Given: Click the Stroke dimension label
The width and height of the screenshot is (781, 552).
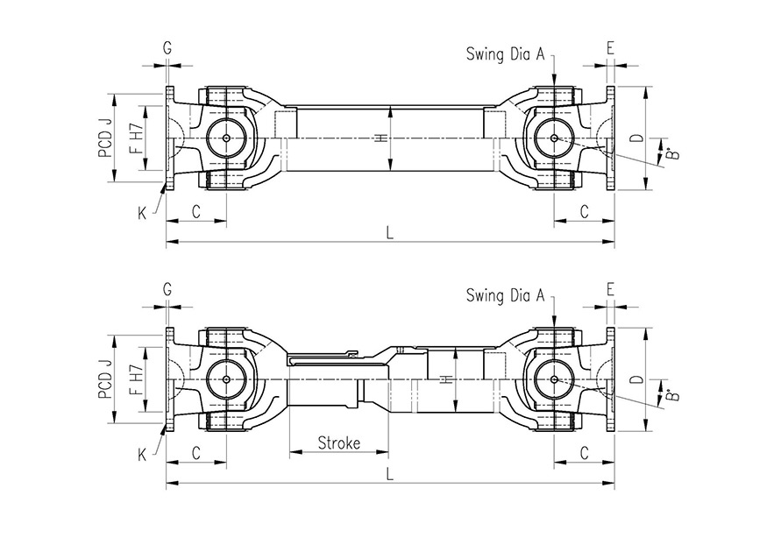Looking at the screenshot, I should (338, 443).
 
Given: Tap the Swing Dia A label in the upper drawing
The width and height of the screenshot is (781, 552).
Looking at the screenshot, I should (506, 54).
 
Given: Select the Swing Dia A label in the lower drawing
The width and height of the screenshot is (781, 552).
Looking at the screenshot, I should (506, 295).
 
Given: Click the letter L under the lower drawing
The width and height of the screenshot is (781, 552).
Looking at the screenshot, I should (389, 474).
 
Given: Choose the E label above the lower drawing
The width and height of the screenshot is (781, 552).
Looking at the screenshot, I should (610, 288).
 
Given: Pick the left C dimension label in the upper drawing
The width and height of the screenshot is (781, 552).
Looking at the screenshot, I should (196, 211).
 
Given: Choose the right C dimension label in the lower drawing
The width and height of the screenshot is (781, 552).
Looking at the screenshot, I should (585, 452).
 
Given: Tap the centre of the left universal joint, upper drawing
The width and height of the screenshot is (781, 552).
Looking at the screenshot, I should (226, 138).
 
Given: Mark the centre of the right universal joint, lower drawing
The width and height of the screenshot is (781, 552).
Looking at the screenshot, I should (554, 379).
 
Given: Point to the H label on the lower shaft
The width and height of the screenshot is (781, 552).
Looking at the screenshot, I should (446, 379).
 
